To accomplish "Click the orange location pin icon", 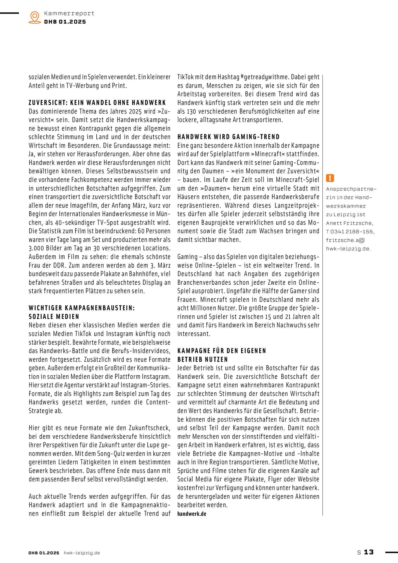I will (35, 17).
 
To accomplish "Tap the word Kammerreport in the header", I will (69, 13).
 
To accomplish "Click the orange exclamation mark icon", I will (330, 178).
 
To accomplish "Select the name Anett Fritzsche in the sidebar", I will (349, 223).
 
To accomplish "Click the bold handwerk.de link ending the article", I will (192, 514).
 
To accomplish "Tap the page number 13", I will (369, 552).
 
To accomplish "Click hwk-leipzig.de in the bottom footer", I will (82, 553).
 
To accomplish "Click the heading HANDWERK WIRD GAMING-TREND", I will (228, 137).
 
